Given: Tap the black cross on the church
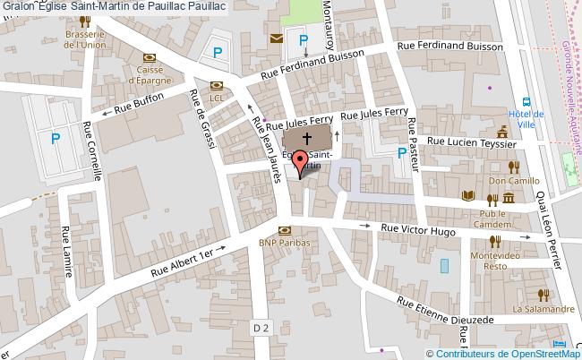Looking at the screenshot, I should point(307,139).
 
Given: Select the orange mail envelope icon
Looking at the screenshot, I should point(276,39).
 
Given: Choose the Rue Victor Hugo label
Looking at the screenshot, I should point(418,229).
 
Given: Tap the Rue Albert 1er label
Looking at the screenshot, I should point(184,261).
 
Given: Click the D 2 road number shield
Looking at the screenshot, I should point(261,329).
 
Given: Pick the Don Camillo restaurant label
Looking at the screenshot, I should point(507,179).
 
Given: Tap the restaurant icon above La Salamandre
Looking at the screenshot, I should point(541,295).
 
